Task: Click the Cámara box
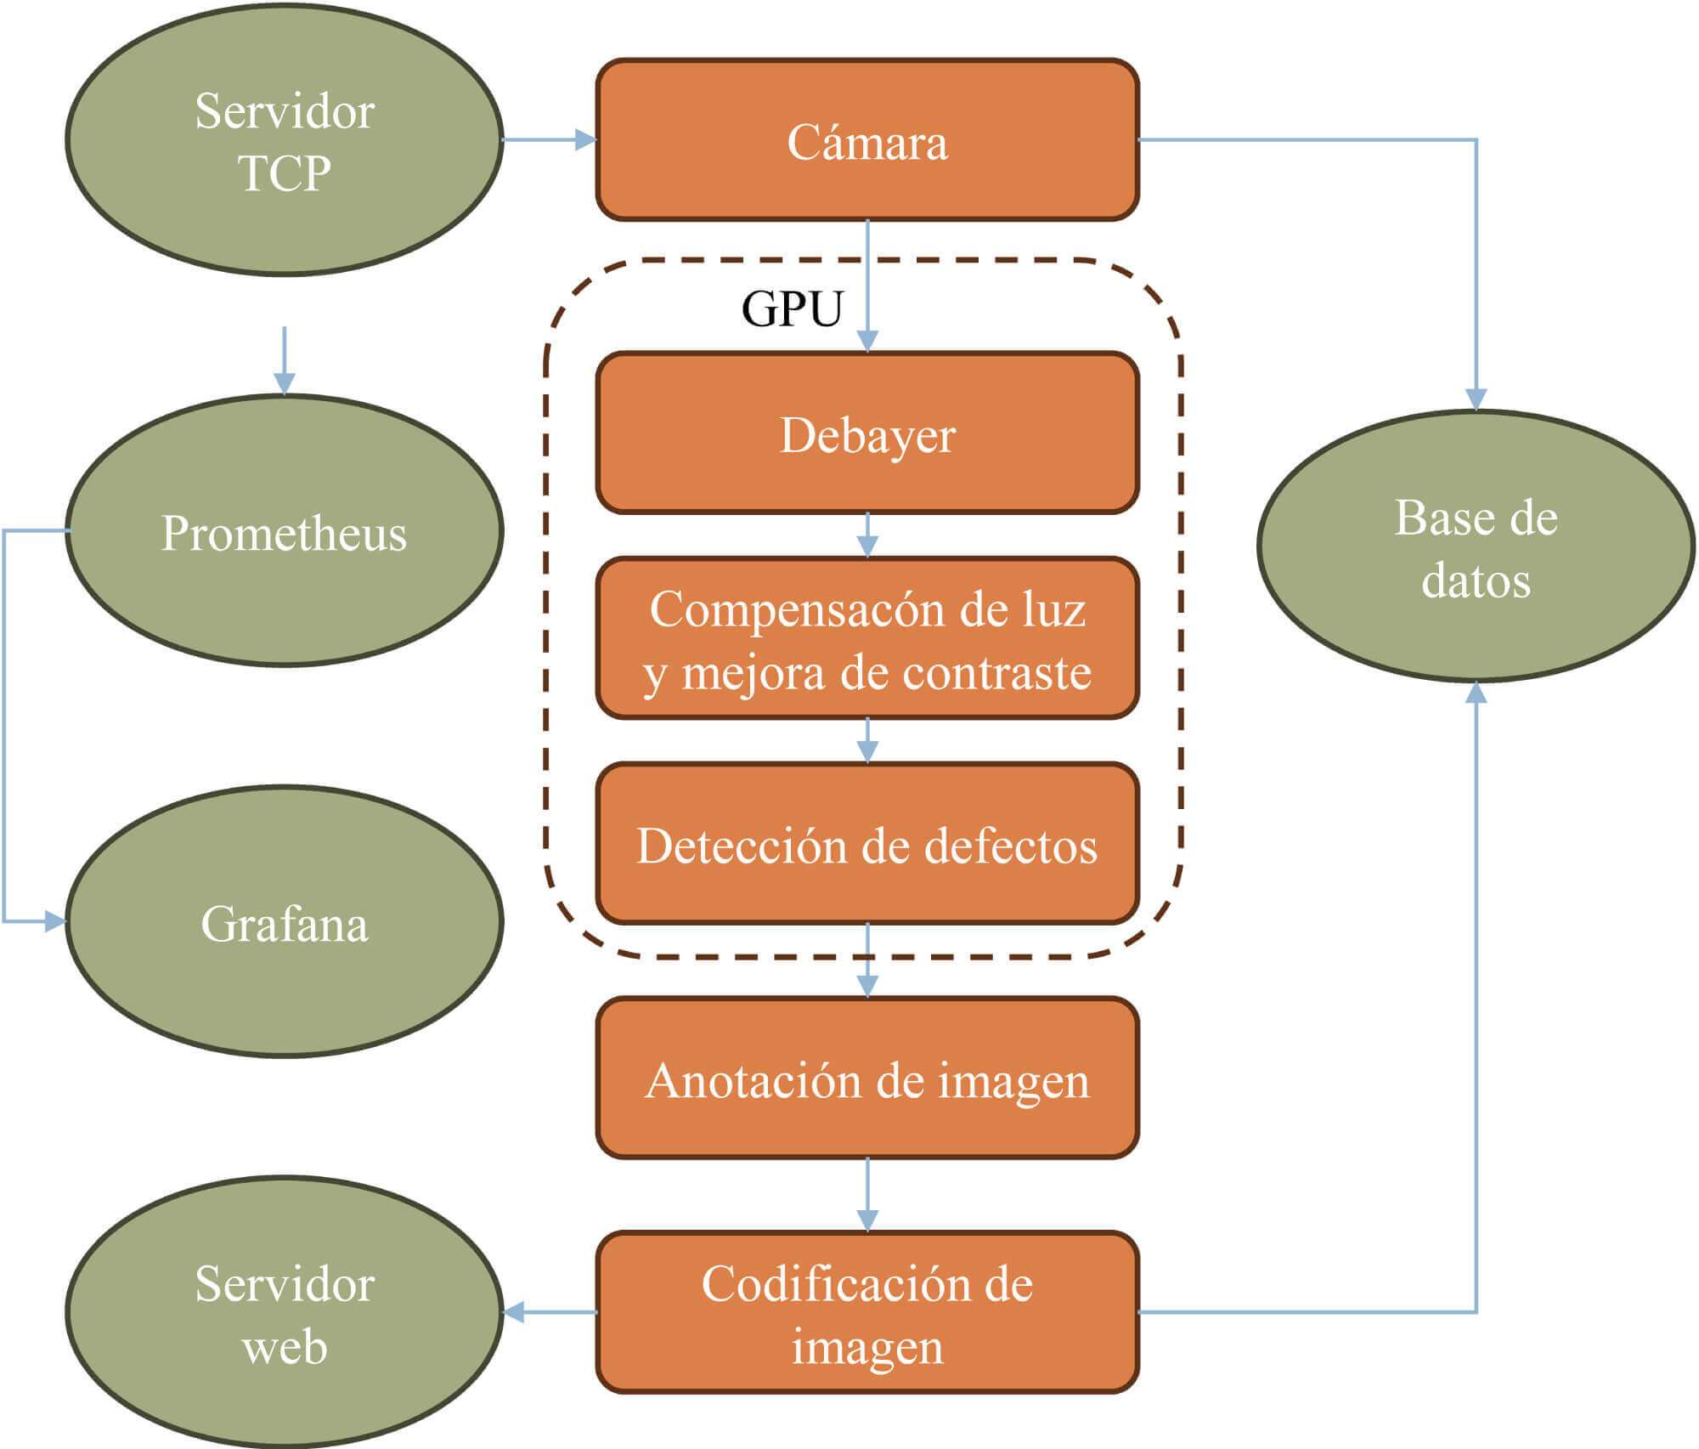[x=866, y=140]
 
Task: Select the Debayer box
[x=866, y=433]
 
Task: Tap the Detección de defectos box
[x=866, y=844]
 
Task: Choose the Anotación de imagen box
[x=866, y=1078]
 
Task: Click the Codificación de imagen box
[x=866, y=1312]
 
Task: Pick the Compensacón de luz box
[x=866, y=639]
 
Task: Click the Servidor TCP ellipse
[x=285, y=140]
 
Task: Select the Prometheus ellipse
[x=285, y=531]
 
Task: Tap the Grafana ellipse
[x=285, y=922]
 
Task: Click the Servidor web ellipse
[x=285, y=1313]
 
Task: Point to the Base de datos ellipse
[x=1476, y=547]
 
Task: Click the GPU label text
[x=792, y=308]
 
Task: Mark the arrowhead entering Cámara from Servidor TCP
[x=586, y=139]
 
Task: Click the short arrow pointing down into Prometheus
[x=285, y=361]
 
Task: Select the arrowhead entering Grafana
[x=55, y=921]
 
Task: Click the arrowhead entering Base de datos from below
[x=1476, y=692]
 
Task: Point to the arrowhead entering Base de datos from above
[x=1476, y=399]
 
